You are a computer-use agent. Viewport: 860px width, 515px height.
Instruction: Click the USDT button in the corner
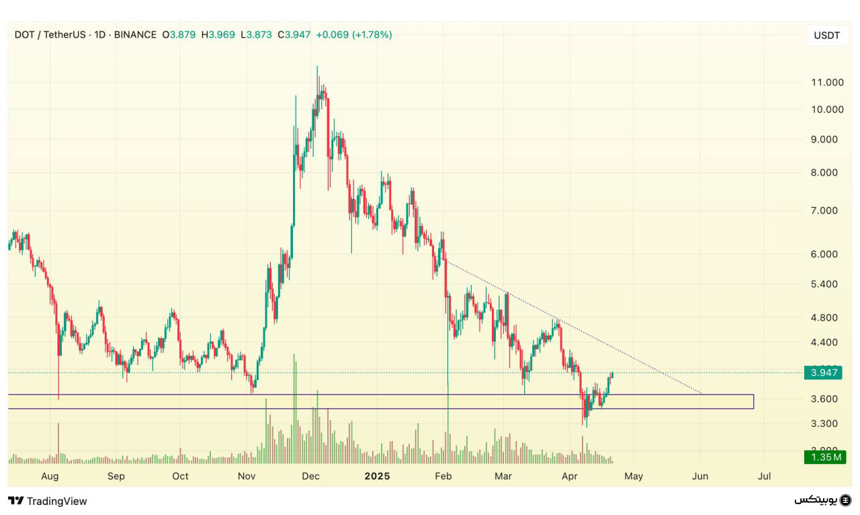coord(826,36)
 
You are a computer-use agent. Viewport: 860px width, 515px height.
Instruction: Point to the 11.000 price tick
coord(827,83)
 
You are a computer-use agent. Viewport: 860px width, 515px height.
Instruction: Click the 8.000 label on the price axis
coord(824,173)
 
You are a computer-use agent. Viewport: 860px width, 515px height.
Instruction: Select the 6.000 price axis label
coord(824,254)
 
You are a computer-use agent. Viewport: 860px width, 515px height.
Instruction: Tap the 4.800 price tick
coord(824,318)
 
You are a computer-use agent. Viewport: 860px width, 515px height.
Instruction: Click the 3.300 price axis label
coord(824,424)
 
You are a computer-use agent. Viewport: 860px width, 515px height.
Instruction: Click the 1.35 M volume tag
coord(826,458)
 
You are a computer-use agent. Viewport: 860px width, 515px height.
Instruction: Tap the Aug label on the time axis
coord(50,476)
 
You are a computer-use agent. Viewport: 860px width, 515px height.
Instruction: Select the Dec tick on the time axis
coord(310,476)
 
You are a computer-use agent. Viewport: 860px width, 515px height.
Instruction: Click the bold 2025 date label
coord(377,476)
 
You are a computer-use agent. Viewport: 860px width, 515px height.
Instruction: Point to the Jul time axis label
coord(764,476)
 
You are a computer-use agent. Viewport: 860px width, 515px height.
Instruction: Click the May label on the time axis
coord(634,476)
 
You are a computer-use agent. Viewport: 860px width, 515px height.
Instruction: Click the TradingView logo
coord(48,501)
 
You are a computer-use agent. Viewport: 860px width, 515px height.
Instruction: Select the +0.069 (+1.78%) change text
coord(354,34)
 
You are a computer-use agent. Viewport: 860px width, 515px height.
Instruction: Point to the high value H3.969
coord(218,34)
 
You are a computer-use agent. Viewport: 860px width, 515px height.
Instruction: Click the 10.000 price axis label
coord(827,110)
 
